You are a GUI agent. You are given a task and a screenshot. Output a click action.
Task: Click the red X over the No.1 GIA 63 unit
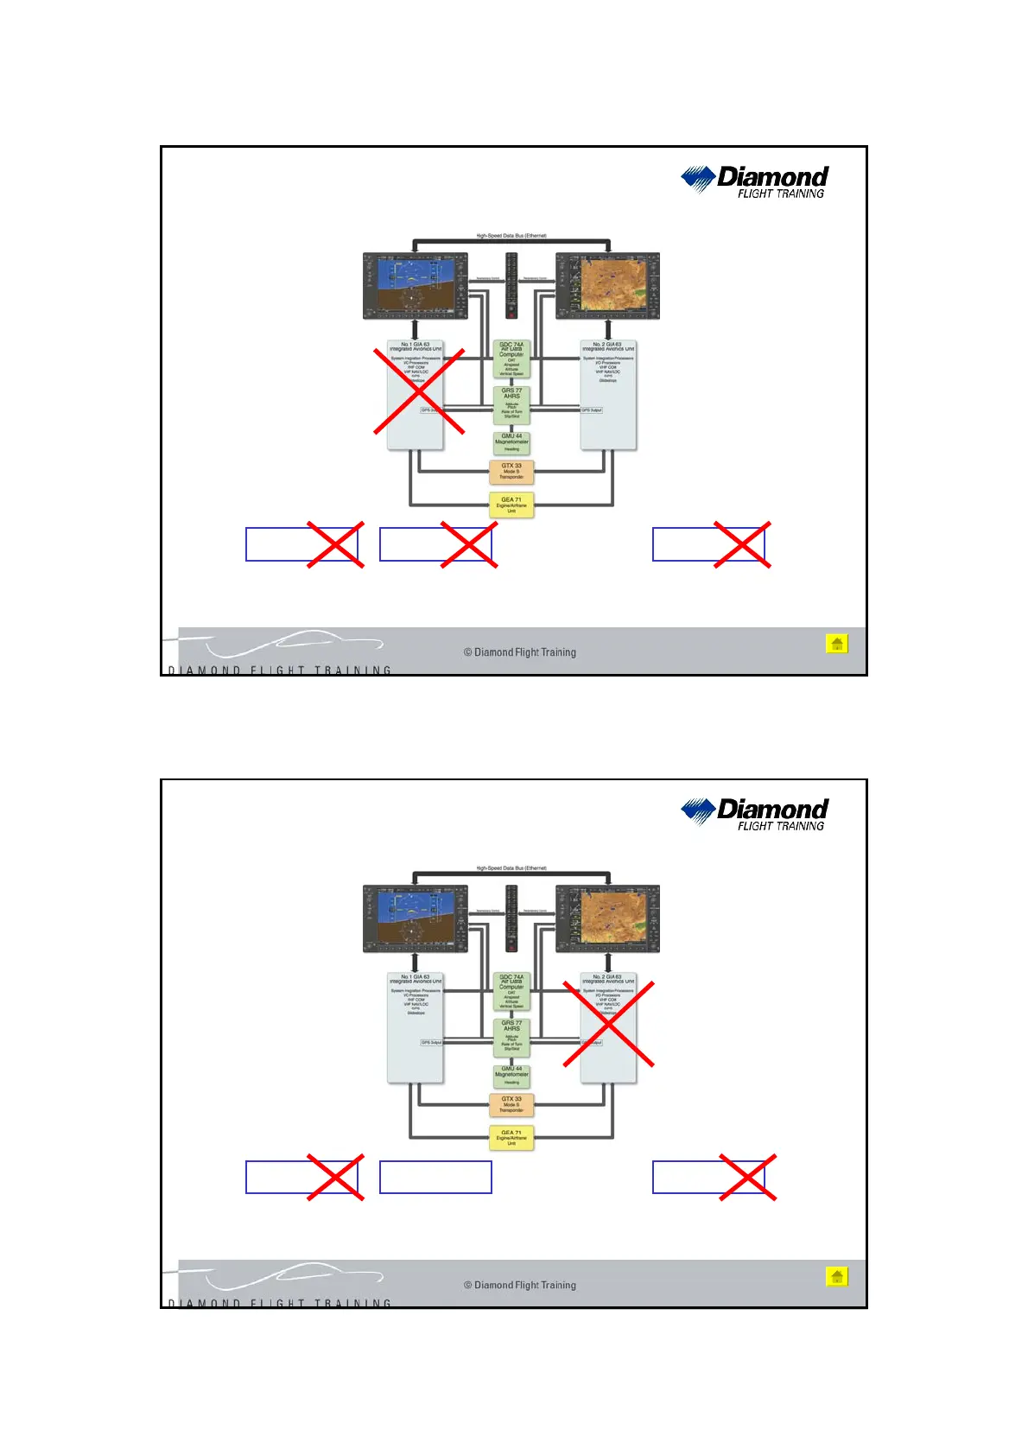tap(419, 391)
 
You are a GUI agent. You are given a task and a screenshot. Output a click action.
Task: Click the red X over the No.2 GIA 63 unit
tap(608, 1024)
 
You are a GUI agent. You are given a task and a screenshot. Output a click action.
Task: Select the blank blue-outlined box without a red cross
tap(435, 1177)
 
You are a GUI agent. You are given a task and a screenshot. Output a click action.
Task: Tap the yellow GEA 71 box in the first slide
tap(511, 505)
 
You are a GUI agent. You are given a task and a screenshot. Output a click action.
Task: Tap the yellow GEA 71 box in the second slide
tap(511, 1138)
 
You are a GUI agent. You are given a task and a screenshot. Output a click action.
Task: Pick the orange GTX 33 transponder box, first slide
tap(511, 472)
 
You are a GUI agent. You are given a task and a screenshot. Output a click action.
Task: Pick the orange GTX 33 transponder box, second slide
tap(511, 1104)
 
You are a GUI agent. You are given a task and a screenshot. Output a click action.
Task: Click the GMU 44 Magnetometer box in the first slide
tap(511, 442)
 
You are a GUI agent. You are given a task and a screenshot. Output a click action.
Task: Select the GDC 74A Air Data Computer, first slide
tap(511, 359)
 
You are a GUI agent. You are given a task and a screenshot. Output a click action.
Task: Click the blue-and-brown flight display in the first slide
tap(416, 286)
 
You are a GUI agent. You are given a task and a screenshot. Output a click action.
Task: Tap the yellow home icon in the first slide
tap(836, 644)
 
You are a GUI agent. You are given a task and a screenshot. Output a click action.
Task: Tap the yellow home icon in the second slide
tap(836, 1276)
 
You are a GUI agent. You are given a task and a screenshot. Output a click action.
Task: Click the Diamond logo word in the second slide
tap(772, 809)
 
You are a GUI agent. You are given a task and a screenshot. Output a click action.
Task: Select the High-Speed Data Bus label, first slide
tap(511, 236)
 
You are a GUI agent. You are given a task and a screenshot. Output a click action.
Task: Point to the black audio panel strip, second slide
tap(511, 918)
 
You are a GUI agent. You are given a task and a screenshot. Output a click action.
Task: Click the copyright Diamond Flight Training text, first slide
tap(520, 652)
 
